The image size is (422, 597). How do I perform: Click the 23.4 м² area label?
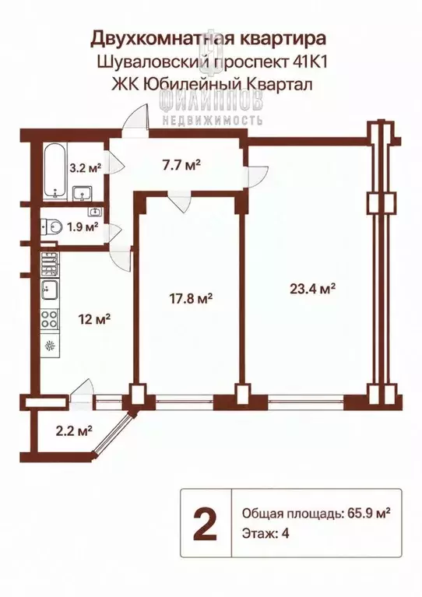tap(312, 289)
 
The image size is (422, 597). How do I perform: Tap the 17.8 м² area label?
tap(191, 299)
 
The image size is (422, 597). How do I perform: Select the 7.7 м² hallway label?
tap(181, 165)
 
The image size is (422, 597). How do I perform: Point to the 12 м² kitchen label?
tap(95, 318)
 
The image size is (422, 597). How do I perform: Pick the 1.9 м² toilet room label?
tap(83, 227)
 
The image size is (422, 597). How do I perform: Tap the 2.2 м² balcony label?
tap(74, 431)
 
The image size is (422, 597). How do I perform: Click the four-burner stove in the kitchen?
tap(50, 318)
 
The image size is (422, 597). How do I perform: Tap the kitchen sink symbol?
tap(50, 292)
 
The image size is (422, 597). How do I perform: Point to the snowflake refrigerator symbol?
tap(50, 346)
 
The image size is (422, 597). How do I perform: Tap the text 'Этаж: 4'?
tap(266, 534)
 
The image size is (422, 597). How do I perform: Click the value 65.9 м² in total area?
tap(369, 514)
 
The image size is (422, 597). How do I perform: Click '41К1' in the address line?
tap(310, 61)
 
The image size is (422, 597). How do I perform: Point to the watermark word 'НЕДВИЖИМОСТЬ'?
tap(212, 121)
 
